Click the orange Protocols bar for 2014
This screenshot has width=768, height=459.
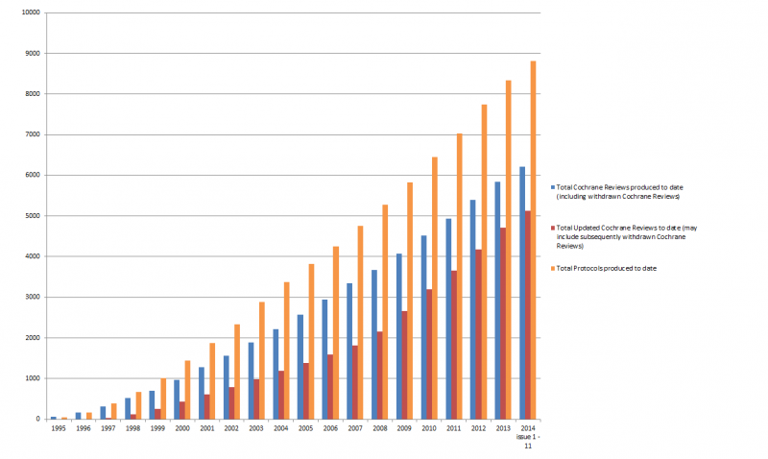(533, 240)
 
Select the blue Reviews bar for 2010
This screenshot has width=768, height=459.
(425, 326)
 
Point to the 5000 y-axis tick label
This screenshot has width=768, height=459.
(33, 216)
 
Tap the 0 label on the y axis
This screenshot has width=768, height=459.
(37, 419)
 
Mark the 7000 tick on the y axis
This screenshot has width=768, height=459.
(33, 134)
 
